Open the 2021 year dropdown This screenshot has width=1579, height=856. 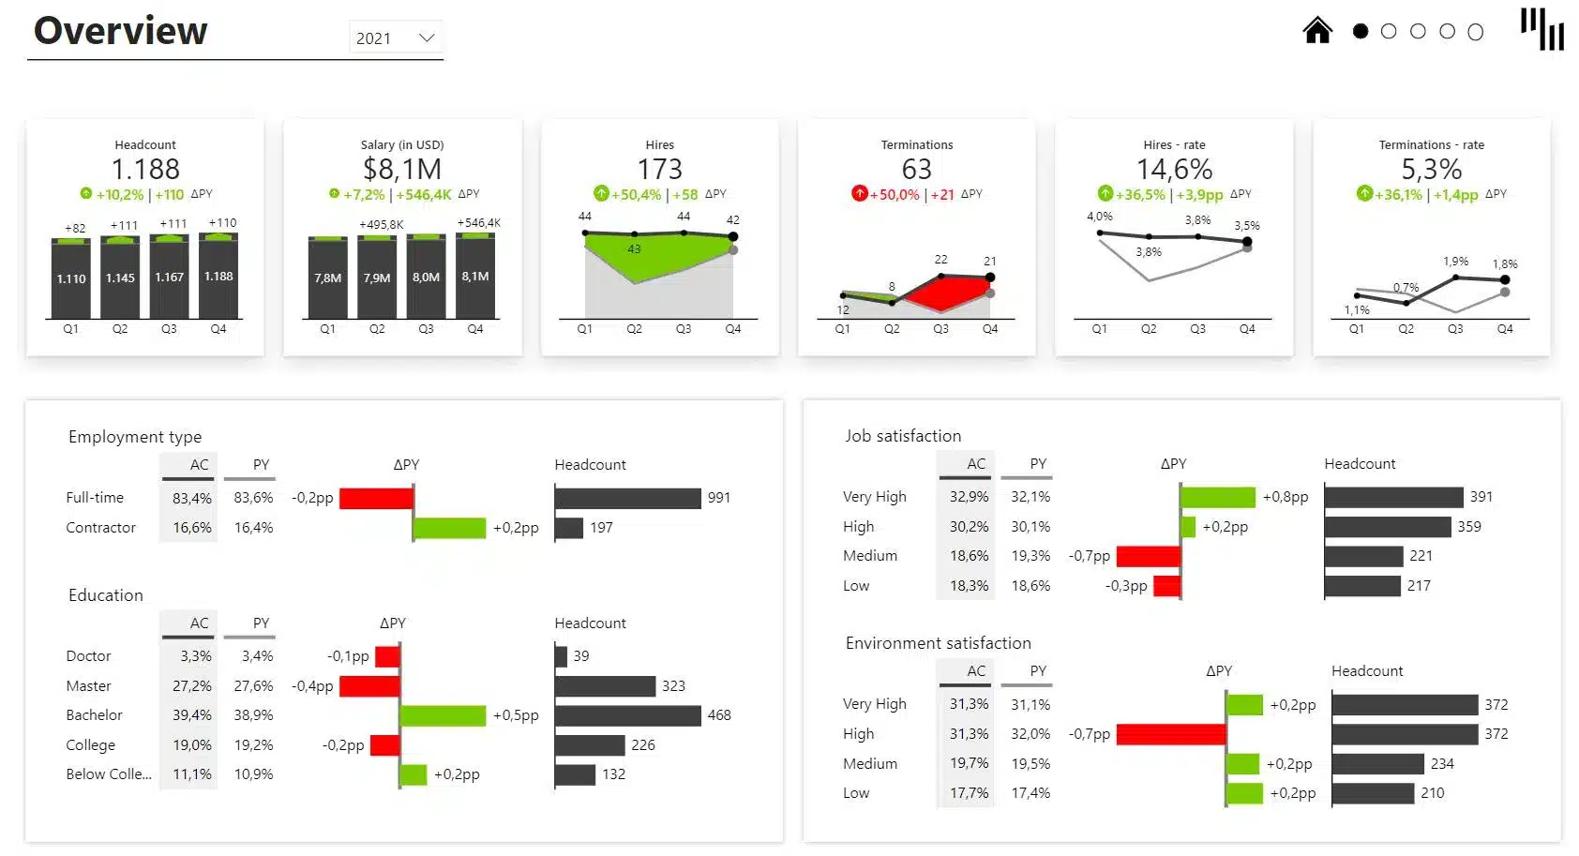click(396, 38)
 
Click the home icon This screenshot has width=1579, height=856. click(1317, 31)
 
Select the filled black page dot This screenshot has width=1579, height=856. click(1361, 32)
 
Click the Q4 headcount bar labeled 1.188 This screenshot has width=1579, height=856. click(218, 277)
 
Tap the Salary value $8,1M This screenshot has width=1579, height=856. click(402, 170)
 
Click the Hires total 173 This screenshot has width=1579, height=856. click(659, 170)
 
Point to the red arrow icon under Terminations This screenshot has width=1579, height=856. click(859, 194)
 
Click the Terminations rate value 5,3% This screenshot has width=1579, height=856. click(1431, 170)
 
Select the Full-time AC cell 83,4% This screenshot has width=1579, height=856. click(191, 498)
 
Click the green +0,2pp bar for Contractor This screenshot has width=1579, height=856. click(449, 528)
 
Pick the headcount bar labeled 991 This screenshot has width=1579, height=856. click(627, 498)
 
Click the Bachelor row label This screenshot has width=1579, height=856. click(94, 715)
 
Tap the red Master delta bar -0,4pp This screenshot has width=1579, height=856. click(369, 686)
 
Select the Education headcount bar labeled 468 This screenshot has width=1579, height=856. click(627, 715)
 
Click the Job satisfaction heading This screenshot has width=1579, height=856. click(902, 436)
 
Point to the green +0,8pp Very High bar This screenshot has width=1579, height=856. click(1217, 497)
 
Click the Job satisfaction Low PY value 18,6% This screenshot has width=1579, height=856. click(1030, 586)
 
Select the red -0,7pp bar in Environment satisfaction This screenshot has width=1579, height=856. click(1170, 734)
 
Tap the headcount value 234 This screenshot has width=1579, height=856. click(1442, 764)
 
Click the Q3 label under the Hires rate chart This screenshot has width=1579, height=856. click(1197, 329)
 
